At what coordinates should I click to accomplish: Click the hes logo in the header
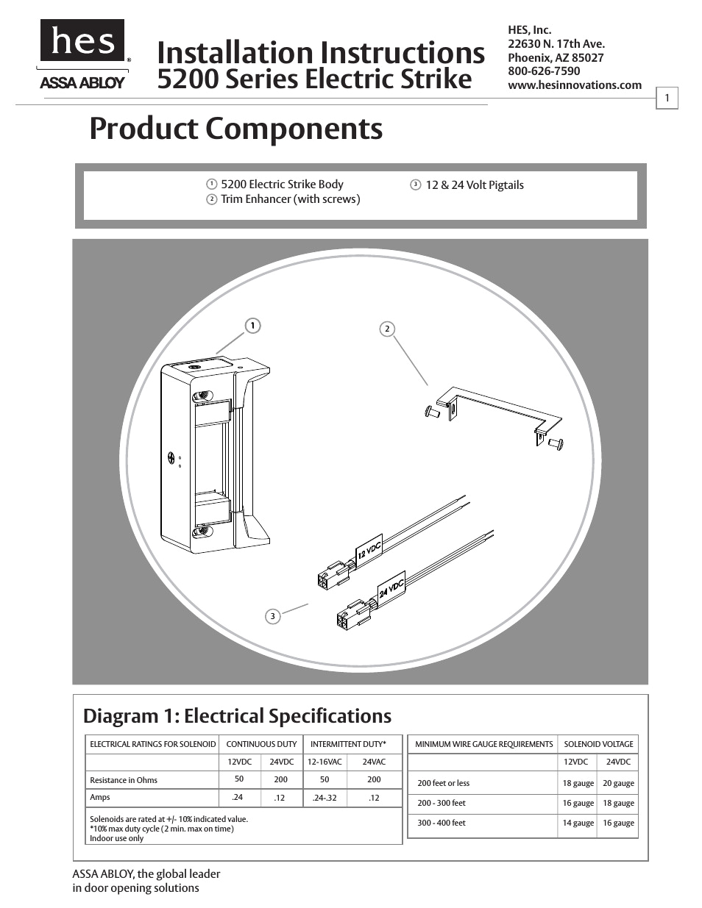[x=82, y=41]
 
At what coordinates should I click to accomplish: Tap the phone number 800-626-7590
[x=543, y=71]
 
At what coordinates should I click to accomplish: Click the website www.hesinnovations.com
[x=574, y=85]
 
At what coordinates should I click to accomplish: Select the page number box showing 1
[x=667, y=98]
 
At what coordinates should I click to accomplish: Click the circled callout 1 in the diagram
[x=252, y=325]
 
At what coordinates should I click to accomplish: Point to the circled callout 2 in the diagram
[x=387, y=329]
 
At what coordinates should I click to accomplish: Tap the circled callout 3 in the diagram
[x=272, y=616]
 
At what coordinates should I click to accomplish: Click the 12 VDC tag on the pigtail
[x=369, y=549]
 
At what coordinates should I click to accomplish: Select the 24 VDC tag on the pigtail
[x=391, y=586]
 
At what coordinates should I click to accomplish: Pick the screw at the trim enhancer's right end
[x=555, y=443]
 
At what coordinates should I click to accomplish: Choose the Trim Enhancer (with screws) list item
[x=290, y=199]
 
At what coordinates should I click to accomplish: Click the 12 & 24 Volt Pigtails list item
[x=474, y=185]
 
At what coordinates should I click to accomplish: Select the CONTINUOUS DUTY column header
[x=261, y=744]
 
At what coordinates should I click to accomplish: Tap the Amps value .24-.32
[x=325, y=798]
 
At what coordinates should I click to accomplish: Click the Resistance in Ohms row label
[x=124, y=780]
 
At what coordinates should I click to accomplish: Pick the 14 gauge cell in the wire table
[x=578, y=823]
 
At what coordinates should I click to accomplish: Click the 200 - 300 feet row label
[x=442, y=803]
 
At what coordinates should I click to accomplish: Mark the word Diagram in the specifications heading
[x=120, y=716]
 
